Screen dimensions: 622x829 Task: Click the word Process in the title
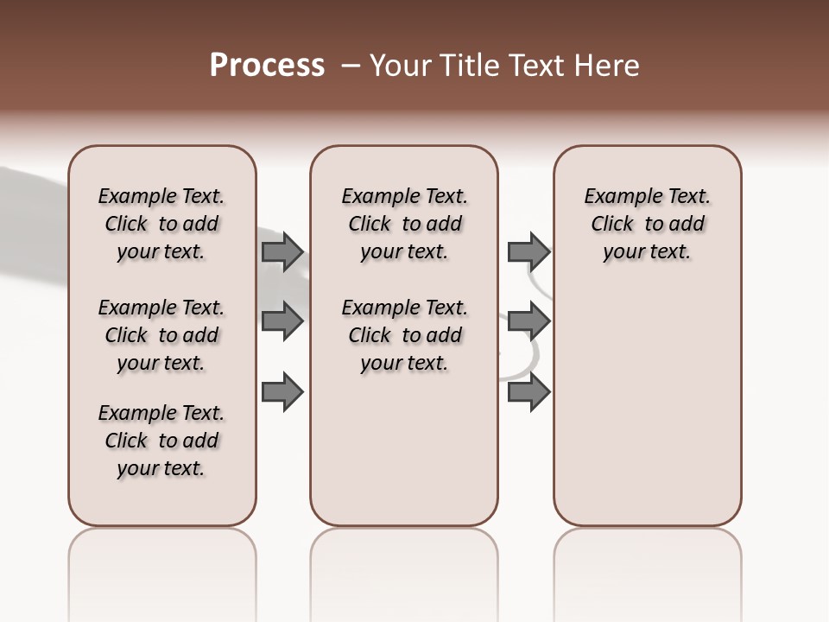point(267,66)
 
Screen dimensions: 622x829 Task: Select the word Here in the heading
point(608,66)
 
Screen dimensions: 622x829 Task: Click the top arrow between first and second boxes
point(282,251)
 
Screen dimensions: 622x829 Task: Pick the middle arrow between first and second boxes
point(282,321)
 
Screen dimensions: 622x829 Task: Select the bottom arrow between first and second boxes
point(282,391)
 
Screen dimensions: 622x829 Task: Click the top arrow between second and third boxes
point(528,251)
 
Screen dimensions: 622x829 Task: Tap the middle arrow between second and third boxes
point(528,321)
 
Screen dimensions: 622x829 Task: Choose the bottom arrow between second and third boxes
point(528,391)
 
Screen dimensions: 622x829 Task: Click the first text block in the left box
point(161,224)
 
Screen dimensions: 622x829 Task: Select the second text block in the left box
point(161,335)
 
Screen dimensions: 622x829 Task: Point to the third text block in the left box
point(161,441)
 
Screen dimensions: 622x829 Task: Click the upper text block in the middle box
point(404,224)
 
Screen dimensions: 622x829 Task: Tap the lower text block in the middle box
point(404,335)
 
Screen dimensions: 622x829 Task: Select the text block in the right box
point(648,224)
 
